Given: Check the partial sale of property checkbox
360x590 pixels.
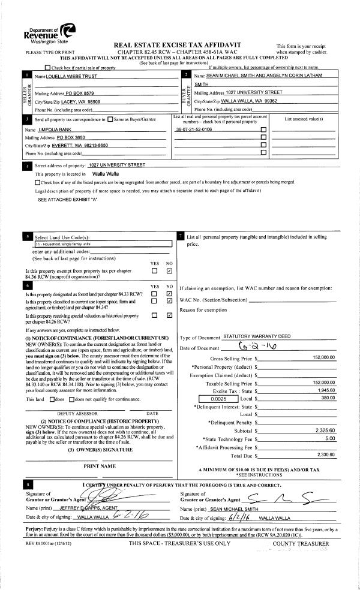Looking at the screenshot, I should (x=48, y=67).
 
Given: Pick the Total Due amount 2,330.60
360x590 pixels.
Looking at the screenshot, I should (x=325, y=454).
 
